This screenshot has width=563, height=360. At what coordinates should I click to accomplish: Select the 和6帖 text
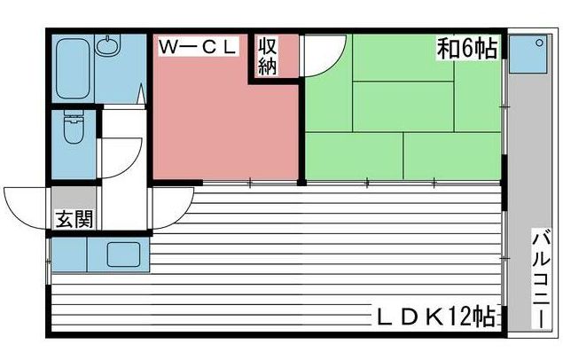(466, 48)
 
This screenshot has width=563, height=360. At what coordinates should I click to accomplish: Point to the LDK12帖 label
(434, 317)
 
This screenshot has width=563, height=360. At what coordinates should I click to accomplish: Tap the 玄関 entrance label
(74, 219)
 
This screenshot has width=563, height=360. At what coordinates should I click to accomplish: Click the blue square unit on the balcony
(533, 51)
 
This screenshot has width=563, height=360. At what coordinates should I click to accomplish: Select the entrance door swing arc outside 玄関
(27, 206)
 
